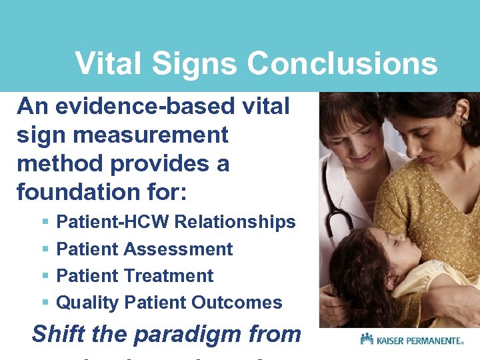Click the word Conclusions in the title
[x=342, y=64]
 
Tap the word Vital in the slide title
[x=108, y=64]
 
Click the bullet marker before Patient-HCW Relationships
[x=45, y=222]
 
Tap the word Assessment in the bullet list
[x=178, y=249]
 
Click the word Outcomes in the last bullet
[x=237, y=303]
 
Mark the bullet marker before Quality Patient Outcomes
[x=45, y=303]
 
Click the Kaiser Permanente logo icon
[x=367, y=339]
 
